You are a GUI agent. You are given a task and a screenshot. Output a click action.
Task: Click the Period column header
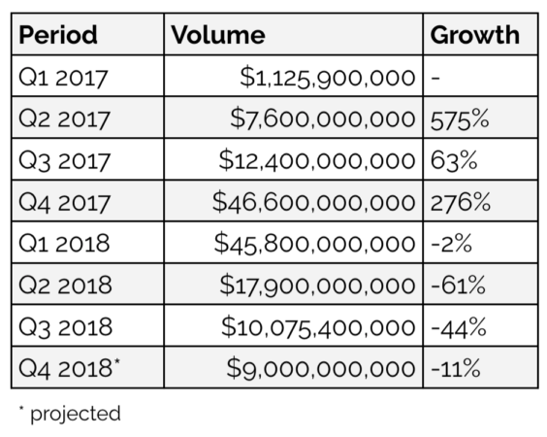click(x=59, y=36)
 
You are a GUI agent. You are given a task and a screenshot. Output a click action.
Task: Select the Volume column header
click(x=218, y=36)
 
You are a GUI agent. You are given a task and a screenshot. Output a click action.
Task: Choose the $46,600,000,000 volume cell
click(x=315, y=203)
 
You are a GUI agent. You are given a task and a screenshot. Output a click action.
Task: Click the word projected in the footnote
click(x=76, y=414)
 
